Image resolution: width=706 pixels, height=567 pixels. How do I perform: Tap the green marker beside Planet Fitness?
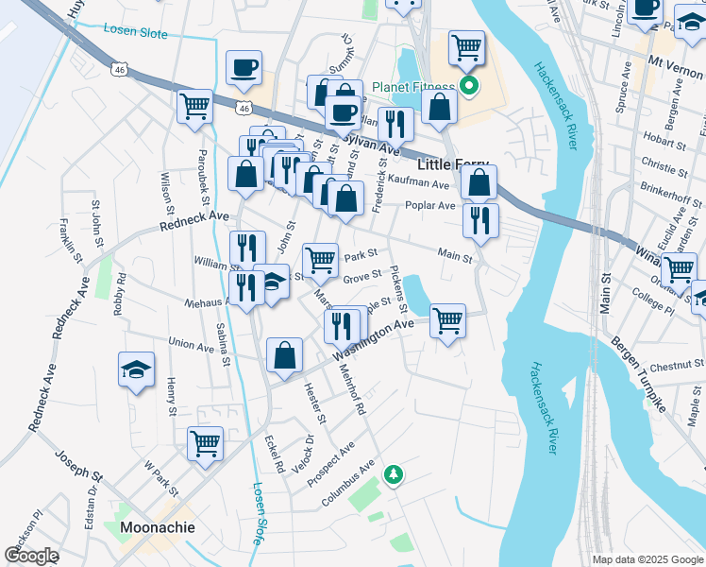469,89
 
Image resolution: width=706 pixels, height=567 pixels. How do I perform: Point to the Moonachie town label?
157,526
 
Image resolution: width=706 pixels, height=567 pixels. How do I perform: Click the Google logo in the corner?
31,556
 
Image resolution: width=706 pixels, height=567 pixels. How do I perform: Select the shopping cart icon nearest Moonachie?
205,441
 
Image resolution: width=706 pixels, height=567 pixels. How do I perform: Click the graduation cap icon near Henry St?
136,369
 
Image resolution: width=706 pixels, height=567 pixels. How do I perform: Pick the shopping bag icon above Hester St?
284,355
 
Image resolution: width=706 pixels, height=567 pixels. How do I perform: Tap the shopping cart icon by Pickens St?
446,320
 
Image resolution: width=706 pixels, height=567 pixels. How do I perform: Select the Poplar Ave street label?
430,205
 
